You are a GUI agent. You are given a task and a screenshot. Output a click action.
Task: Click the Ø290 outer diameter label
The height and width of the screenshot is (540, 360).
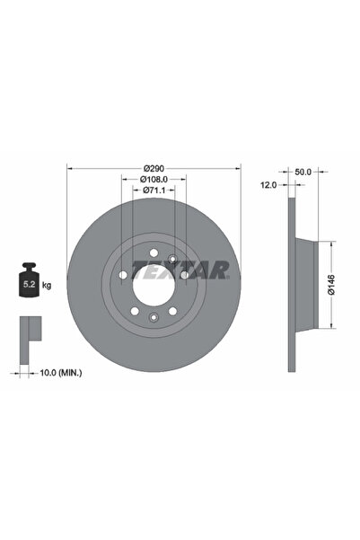pos(154,168)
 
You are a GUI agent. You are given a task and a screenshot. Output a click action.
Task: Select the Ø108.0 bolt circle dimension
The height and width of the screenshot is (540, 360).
pos(154,179)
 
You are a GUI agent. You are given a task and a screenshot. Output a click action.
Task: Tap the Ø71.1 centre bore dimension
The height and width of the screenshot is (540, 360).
pos(154,190)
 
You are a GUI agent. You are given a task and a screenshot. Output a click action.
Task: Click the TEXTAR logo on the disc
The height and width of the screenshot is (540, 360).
pos(180,269)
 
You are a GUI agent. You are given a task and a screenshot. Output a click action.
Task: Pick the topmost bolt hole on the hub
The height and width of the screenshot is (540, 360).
pos(154,252)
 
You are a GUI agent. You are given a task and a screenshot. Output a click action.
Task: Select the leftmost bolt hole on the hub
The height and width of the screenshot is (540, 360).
pos(124,274)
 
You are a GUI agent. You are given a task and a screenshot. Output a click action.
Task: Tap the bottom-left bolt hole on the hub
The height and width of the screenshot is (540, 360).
pos(135,310)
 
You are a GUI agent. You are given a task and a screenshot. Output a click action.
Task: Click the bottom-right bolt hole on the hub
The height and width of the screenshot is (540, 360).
pos(172,310)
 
